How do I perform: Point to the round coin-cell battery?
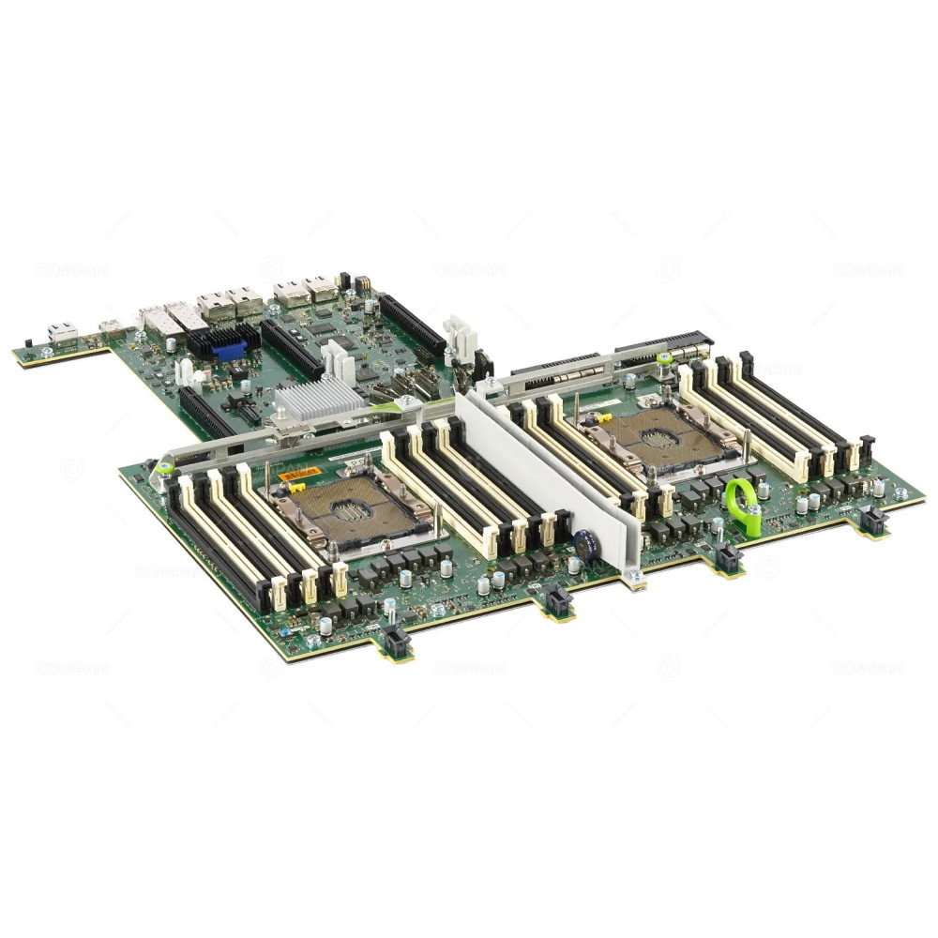586,545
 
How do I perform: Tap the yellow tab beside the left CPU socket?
296,489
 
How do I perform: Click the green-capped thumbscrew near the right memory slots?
664,358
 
